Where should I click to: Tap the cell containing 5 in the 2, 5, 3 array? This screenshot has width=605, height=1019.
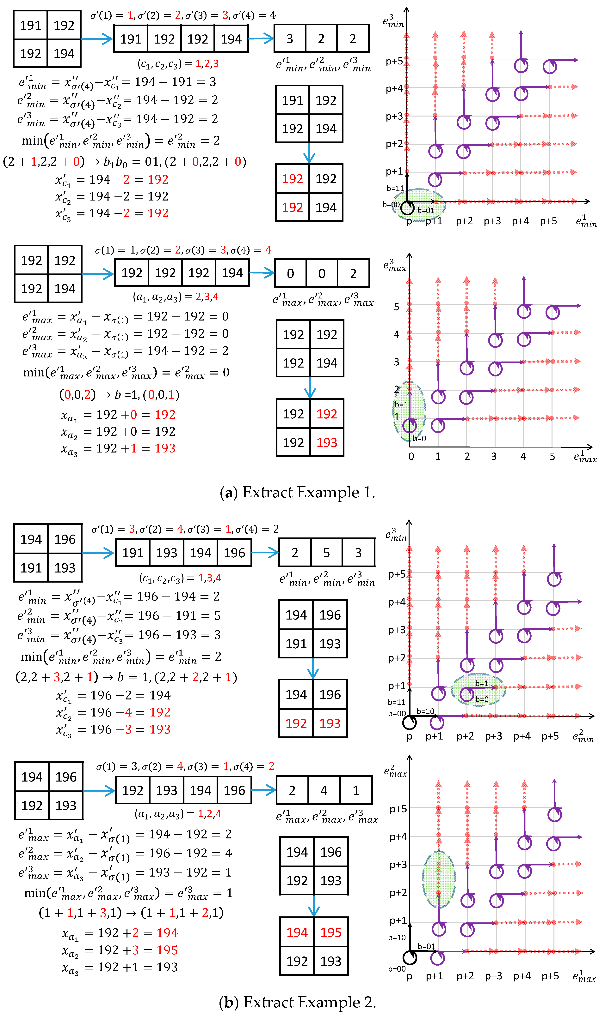[x=326, y=553]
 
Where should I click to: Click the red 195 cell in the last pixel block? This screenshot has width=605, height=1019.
[x=331, y=932]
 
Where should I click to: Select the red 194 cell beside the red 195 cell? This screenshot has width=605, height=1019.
[x=297, y=932]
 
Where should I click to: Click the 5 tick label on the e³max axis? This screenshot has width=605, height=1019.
[x=396, y=307]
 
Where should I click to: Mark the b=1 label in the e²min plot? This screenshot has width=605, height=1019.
[x=481, y=683]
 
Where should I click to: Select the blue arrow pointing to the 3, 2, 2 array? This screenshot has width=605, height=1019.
[x=261, y=39]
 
